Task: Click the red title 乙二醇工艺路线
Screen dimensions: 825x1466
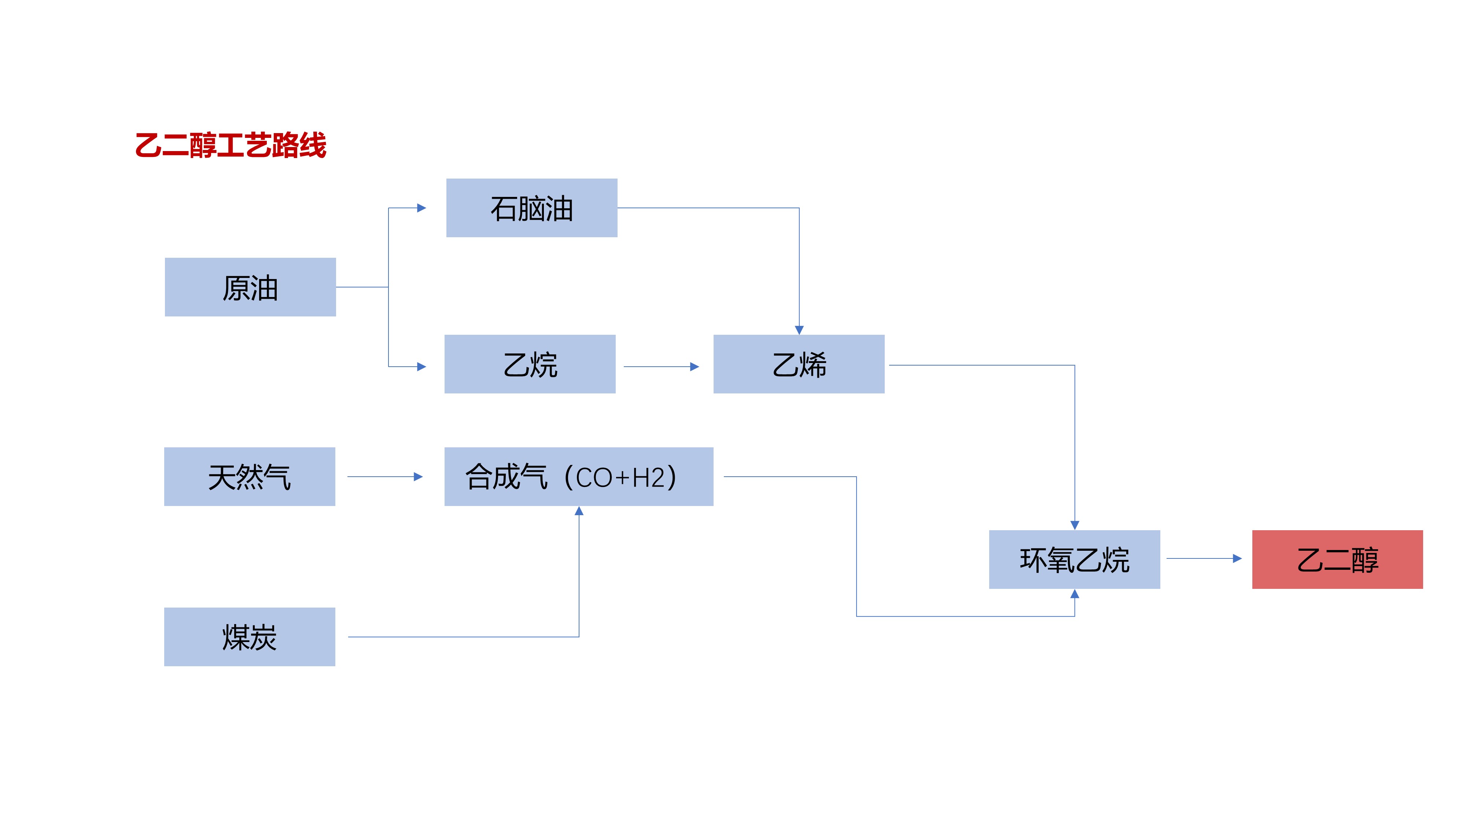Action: point(231,145)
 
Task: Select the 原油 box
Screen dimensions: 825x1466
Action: point(250,287)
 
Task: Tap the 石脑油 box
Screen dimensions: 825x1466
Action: point(531,208)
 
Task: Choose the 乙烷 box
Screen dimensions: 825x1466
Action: point(530,364)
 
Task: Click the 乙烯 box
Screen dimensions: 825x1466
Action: point(799,364)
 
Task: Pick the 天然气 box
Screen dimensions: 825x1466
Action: point(249,477)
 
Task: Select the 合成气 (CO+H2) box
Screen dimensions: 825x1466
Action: point(578,477)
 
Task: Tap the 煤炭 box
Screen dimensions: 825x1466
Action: point(249,637)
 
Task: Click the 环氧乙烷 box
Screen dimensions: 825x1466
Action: point(1074,559)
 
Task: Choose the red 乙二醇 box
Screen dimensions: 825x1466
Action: point(1337,559)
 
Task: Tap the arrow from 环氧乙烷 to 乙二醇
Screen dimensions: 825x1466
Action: point(1203,558)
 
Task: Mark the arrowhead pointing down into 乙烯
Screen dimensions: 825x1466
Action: point(799,330)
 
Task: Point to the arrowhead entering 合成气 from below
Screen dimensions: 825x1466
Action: point(579,511)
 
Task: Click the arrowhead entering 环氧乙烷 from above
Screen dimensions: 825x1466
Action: point(1075,525)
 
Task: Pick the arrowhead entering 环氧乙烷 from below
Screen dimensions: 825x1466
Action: point(1075,594)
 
